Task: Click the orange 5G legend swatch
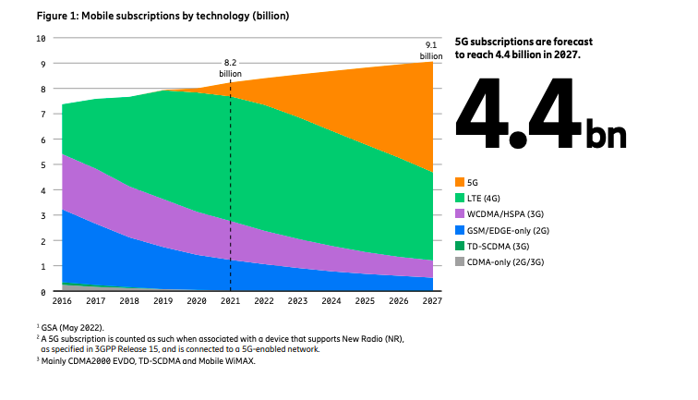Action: coord(462,181)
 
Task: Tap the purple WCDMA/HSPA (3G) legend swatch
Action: coord(462,214)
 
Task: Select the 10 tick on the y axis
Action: coord(40,39)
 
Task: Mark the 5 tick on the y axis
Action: coord(42,165)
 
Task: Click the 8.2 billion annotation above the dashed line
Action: coord(230,67)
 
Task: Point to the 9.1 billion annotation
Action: coord(431,51)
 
